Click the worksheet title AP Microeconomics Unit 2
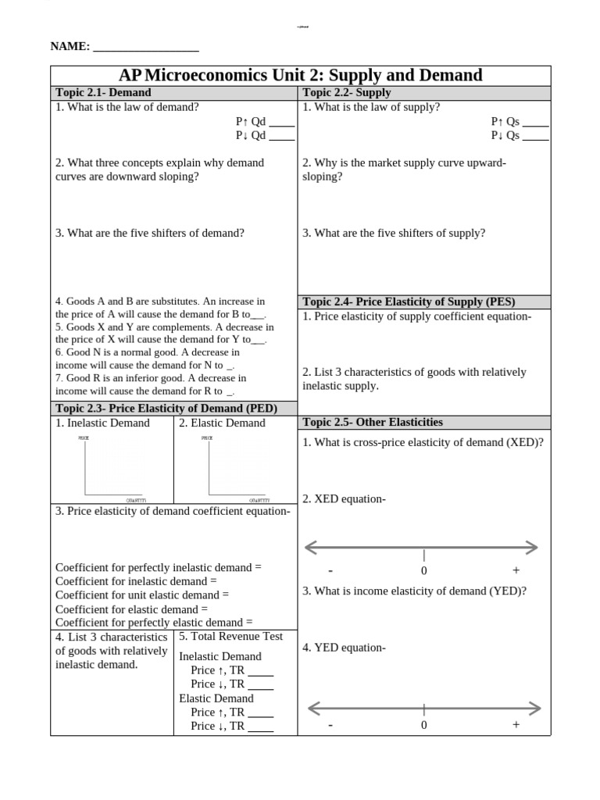tap(301, 76)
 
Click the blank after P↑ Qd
tap(281, 122)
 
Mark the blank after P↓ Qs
tap(535, 136)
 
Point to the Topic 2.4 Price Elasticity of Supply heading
tap(409, 302)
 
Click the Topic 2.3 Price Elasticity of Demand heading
tap(166, 409)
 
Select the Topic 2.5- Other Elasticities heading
tap(373, 423)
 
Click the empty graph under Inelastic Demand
tap(112, 467)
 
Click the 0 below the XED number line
tap(424, 570)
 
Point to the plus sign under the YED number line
tap(516, 725)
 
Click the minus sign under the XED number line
tap(330, 570)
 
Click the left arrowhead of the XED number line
tap(310, 547)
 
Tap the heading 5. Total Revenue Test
tap(230, 637)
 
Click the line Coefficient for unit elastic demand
tap(142, 595)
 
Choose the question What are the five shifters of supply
tap(394, 234)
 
